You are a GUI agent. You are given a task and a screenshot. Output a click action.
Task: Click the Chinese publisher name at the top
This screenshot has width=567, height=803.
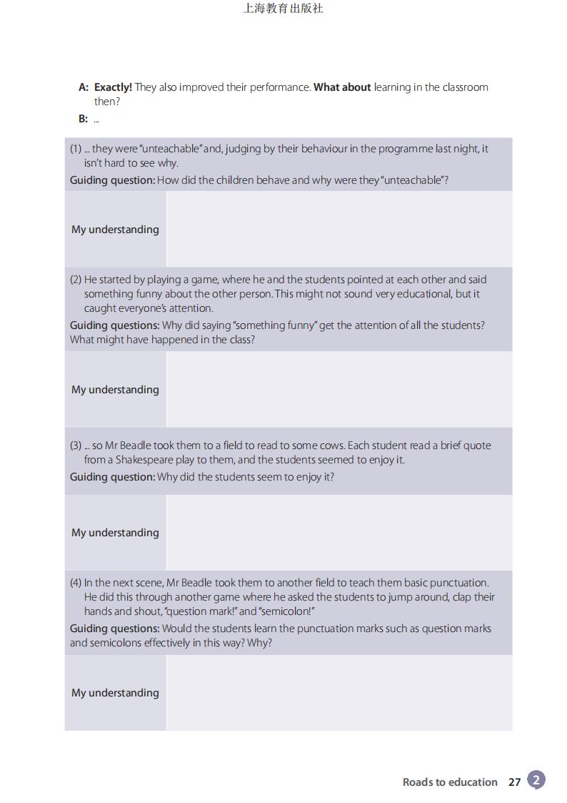283,9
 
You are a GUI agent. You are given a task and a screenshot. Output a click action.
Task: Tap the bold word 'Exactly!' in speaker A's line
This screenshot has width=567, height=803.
113,87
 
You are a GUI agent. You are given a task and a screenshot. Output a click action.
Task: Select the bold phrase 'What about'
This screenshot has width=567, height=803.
342,87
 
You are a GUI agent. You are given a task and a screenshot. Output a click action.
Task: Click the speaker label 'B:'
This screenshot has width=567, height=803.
84,119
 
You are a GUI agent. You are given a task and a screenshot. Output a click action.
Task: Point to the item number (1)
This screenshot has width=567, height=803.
76,149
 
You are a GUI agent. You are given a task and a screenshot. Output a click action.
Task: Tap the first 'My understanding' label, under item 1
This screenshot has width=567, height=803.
115,230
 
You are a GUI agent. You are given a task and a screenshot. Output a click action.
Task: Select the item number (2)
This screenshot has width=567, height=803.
76,280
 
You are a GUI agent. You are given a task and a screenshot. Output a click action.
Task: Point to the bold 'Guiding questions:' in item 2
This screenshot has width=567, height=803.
114,325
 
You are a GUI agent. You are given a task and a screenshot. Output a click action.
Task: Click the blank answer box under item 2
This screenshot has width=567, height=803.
338,390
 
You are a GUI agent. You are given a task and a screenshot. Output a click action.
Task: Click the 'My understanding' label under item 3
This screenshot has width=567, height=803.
115,533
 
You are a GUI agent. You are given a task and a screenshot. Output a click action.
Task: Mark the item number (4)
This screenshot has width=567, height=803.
76,583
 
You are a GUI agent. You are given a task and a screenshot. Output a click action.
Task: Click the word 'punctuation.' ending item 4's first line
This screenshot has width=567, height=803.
459,583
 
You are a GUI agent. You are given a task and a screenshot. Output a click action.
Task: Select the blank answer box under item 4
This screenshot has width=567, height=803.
338,693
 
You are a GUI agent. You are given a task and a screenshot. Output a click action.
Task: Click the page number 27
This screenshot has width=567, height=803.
515,782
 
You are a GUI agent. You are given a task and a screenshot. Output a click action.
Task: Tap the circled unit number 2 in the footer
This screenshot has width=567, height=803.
536,780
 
